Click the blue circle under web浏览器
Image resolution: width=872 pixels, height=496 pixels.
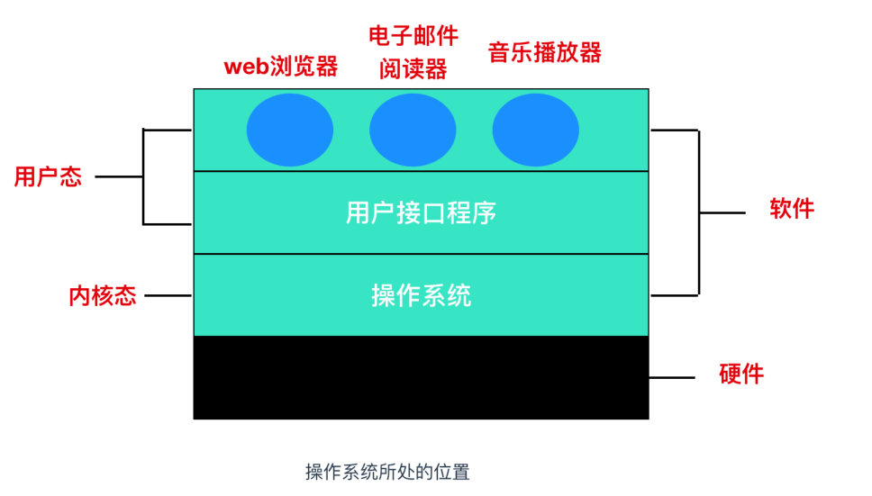[x=290, y=130]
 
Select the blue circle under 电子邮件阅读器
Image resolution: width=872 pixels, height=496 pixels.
[x=413, y=130]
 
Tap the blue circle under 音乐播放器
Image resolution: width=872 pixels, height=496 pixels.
[x=535, y=130]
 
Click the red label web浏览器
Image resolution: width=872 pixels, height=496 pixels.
[x=280, y=67]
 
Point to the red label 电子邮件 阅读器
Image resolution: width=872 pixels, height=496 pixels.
[x=413, y=52]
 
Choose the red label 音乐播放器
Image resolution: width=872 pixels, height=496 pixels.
[x=544, y=51]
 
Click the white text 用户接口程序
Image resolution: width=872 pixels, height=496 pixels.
[x=421, y=213]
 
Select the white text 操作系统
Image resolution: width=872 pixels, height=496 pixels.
[x=421, y=295]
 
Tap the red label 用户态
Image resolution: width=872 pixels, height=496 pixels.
[x=48, y=176]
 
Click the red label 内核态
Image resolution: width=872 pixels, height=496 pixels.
[x=103, y=295]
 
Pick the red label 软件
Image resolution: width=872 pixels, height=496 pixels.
[x=792, y=209]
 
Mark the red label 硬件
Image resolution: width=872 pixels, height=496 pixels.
[x=741, y=374]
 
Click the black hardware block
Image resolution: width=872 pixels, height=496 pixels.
[x=421, y=377]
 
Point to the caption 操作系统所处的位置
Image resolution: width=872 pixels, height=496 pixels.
[x=387, y=472]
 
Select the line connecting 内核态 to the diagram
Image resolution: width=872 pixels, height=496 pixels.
[x=168, y=295]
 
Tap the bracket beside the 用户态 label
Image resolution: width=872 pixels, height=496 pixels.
[x=143, y=176]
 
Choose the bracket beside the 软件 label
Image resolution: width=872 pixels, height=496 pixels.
[x=699, y=212]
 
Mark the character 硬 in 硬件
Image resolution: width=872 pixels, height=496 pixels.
[x=731, y=374]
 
